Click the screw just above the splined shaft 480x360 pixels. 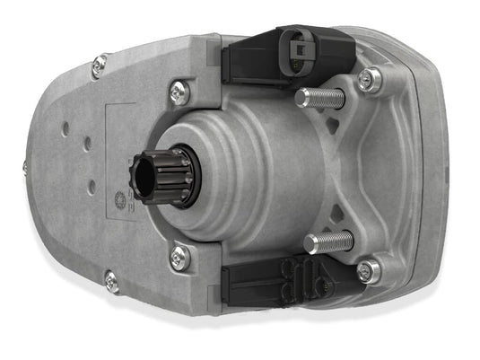click(179, 90)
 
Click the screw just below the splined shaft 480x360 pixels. click(180, 257)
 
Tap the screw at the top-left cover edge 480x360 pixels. click(99, 65)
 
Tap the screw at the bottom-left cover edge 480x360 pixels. click(111, 281)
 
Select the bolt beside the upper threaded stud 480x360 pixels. click(369, 81)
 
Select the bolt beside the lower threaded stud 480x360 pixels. click(368, 270)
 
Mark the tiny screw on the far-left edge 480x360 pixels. click(24, 167)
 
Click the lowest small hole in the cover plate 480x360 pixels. click(91, 187)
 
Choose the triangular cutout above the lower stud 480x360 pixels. click(337, 214)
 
